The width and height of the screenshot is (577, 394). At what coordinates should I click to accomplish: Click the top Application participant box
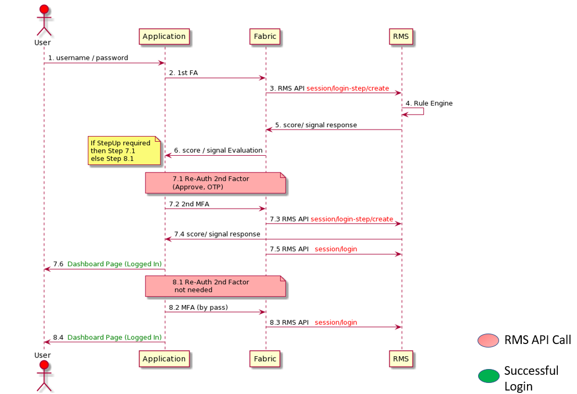(164, 36)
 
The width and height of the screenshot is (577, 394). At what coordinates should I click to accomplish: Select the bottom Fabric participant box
(265, 359)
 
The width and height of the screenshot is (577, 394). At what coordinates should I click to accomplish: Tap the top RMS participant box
(401, 36)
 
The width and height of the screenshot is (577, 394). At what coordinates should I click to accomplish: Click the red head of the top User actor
(42, 10)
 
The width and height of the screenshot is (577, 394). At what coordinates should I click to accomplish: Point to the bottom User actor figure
(42, 375)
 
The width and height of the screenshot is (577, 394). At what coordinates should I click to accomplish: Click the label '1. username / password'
(88, 58)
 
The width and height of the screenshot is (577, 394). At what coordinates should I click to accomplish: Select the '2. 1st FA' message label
(183, 73)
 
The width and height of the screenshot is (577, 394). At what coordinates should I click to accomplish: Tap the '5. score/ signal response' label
(316, 125)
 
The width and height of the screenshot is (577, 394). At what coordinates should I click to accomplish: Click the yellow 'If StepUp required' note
(124, 151)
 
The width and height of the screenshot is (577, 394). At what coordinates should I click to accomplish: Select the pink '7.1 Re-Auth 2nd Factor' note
(215, 182)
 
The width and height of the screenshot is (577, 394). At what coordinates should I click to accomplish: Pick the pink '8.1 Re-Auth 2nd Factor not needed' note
(215, 286)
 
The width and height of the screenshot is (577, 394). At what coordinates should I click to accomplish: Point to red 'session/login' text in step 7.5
(336, 249)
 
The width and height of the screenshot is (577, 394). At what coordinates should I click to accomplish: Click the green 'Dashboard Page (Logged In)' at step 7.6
(115, 264)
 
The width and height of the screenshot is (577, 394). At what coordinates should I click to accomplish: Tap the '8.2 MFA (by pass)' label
(198, 307)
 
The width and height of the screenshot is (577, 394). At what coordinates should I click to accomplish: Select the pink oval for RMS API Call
(488, 341)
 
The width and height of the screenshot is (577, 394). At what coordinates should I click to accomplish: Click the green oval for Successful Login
(488, 376)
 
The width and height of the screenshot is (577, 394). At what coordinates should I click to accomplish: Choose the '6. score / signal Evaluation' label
(218, 150)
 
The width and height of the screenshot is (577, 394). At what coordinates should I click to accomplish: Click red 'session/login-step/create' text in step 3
(347, 88)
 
